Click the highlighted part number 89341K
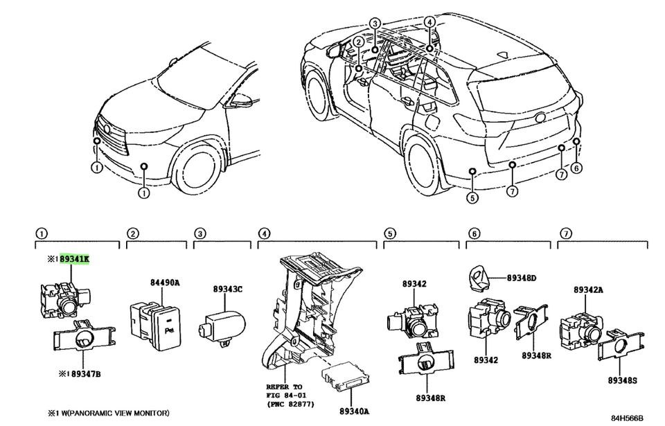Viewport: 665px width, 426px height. tap(74, 259)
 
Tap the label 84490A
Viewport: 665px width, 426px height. tap(164, 282)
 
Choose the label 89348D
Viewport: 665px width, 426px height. tap(522, 278)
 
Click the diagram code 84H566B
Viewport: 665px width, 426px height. tap(627, 418)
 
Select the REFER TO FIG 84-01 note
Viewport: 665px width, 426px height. tap(286, 393)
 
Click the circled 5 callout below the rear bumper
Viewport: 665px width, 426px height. tap(472, 197)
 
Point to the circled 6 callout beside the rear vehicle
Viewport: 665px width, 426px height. tap(577, 168)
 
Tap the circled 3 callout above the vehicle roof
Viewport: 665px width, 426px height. tap(375, 24)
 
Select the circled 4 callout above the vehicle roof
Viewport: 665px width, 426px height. tap(430, 23)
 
